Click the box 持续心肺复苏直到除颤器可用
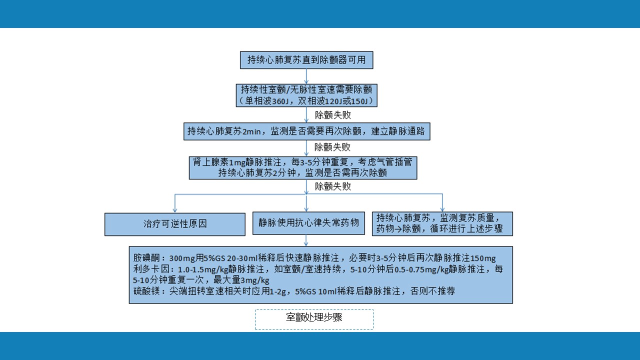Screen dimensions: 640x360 306,60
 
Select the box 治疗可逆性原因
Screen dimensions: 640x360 175,224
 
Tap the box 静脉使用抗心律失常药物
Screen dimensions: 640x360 308,223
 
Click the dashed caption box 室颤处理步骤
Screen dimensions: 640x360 314,319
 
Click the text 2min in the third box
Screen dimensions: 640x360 251,131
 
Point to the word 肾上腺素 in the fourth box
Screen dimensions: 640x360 210,162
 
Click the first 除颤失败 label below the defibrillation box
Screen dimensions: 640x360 333,115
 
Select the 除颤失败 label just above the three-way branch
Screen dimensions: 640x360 333,186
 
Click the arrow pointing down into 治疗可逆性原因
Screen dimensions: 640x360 175,203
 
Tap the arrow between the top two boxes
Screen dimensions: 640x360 306,76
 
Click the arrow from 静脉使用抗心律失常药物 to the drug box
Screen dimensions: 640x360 306,240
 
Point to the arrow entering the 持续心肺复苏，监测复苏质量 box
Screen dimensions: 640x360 442,203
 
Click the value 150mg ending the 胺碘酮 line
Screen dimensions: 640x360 483,258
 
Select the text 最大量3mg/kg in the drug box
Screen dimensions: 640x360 241,279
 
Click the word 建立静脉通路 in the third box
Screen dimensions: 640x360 398,131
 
